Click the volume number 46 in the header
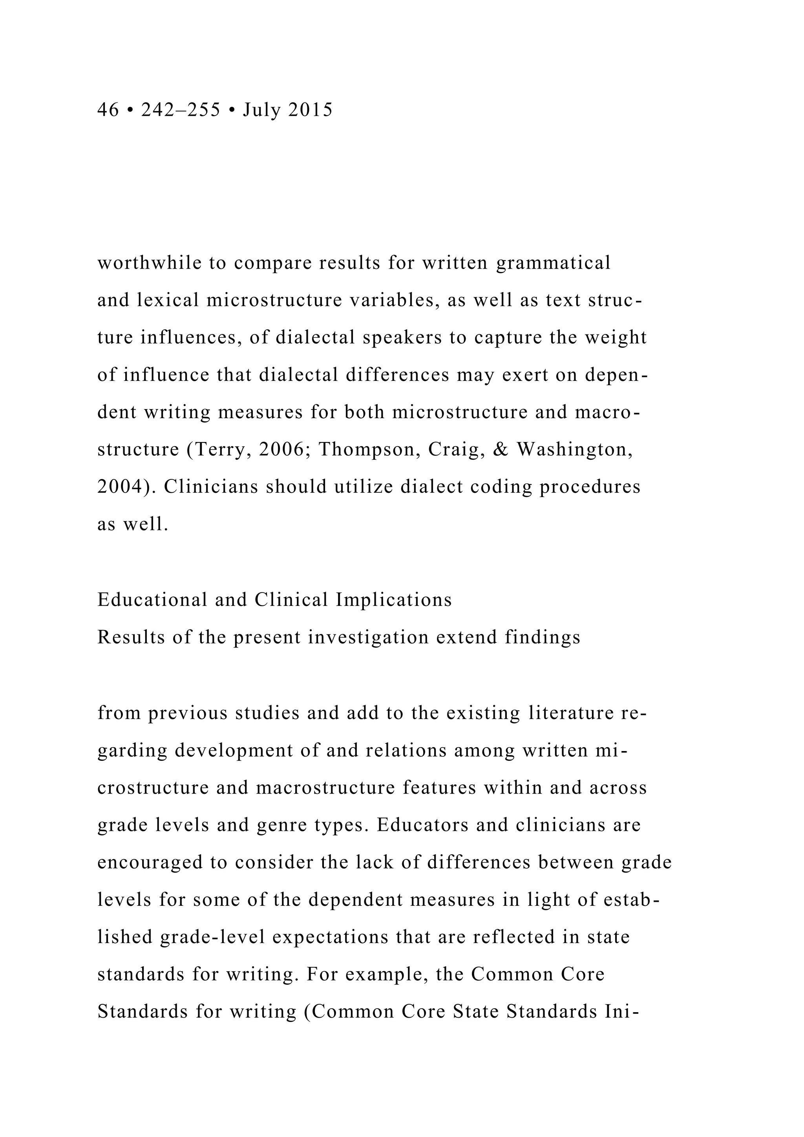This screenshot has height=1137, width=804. (x=108, y=110)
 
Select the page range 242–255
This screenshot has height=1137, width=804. (x=181, y=110)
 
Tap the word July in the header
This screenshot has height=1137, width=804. (x=262, y=110)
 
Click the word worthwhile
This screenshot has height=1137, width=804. (x=149, y=263)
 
